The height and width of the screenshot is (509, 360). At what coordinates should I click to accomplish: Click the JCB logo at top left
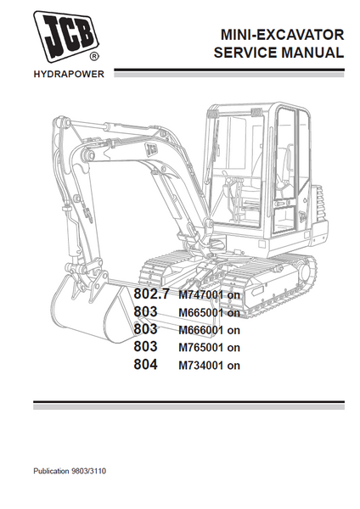65,36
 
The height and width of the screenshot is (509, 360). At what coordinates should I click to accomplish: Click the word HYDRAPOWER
69,75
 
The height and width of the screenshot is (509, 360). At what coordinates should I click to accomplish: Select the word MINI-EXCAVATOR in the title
282,35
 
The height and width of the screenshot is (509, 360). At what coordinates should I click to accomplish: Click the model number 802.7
151,294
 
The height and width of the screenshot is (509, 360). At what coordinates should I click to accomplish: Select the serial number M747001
200,294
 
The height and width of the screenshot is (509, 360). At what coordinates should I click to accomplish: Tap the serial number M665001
200,312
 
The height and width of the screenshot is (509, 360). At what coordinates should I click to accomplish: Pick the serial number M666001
200,330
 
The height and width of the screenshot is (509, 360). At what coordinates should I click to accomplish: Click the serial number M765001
200,348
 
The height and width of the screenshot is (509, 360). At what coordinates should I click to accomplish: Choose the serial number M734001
200,366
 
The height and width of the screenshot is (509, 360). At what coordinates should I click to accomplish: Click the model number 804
145,364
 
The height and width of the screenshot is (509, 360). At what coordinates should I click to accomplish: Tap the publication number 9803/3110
88,471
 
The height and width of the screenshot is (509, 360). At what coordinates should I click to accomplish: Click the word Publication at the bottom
51,471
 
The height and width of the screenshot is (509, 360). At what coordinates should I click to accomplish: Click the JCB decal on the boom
151,149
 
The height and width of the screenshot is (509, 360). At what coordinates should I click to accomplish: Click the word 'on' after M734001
233,366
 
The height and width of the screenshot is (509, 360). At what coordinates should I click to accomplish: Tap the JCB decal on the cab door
302,215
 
